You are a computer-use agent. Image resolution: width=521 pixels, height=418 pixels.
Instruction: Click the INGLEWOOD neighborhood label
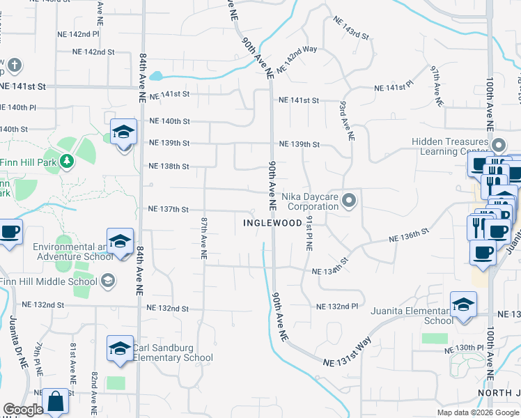(x=272, y=223)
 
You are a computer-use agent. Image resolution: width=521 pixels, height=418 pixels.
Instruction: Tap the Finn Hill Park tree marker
(x=66, y=162)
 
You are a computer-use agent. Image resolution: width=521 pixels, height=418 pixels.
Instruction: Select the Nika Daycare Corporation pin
(x=350, y=201)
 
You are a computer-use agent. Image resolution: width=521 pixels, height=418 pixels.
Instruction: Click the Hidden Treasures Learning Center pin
(x=499, y=146)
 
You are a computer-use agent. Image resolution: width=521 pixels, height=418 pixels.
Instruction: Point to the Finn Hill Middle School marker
(x=107, y=281)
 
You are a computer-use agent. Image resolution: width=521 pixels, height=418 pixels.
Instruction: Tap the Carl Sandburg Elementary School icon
(x=120, y=348)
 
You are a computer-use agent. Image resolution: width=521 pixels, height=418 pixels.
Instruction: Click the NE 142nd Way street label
(x=297, y=59)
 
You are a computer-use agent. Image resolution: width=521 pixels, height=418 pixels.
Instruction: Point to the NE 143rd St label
(x=350, y=29)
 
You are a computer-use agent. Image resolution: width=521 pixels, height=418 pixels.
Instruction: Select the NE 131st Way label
(x=348, y=354)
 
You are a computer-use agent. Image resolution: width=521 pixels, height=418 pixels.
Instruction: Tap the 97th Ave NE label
(x=437, y=86)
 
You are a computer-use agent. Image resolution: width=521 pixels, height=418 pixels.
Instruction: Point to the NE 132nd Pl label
(x=337, y=307)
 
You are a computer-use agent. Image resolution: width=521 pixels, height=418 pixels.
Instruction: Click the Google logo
(x=23, y=410)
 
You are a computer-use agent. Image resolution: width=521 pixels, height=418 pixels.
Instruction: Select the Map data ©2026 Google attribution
(x=479, y=412)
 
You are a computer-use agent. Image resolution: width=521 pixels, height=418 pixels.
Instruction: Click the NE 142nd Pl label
(x=79, y=33)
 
